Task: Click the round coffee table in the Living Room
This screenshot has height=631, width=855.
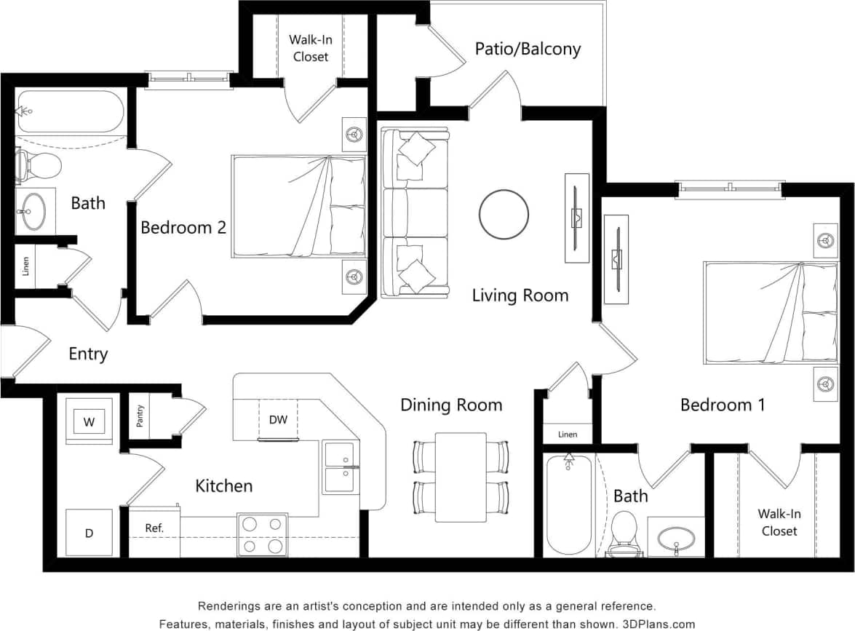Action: coord(504,214)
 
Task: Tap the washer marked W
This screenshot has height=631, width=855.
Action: coord(89,421)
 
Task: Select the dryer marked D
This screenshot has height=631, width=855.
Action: coord(89,533)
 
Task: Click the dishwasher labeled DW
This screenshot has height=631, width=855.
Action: coord(278,420)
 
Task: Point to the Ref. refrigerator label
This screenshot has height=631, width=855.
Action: coord(154,528)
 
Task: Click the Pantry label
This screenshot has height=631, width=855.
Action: coord(140,416)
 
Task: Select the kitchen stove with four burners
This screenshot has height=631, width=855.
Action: coord(262,535)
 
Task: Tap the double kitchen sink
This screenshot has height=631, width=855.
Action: coord(341,468)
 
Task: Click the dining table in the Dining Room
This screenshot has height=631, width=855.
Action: coord(461,477)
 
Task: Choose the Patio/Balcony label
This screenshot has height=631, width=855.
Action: coord(528,49)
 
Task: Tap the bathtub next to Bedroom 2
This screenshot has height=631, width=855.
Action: coord(71,111)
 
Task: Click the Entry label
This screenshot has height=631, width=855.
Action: coord(88,354)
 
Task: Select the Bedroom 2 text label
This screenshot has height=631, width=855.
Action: coord(183,228)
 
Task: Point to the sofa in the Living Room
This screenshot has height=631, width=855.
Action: coord(414,213)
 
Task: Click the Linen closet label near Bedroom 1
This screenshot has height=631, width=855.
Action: coord(568,434)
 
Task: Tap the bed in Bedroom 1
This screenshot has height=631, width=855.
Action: coord(770,313)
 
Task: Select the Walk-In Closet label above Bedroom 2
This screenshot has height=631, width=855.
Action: coord(310,48)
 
